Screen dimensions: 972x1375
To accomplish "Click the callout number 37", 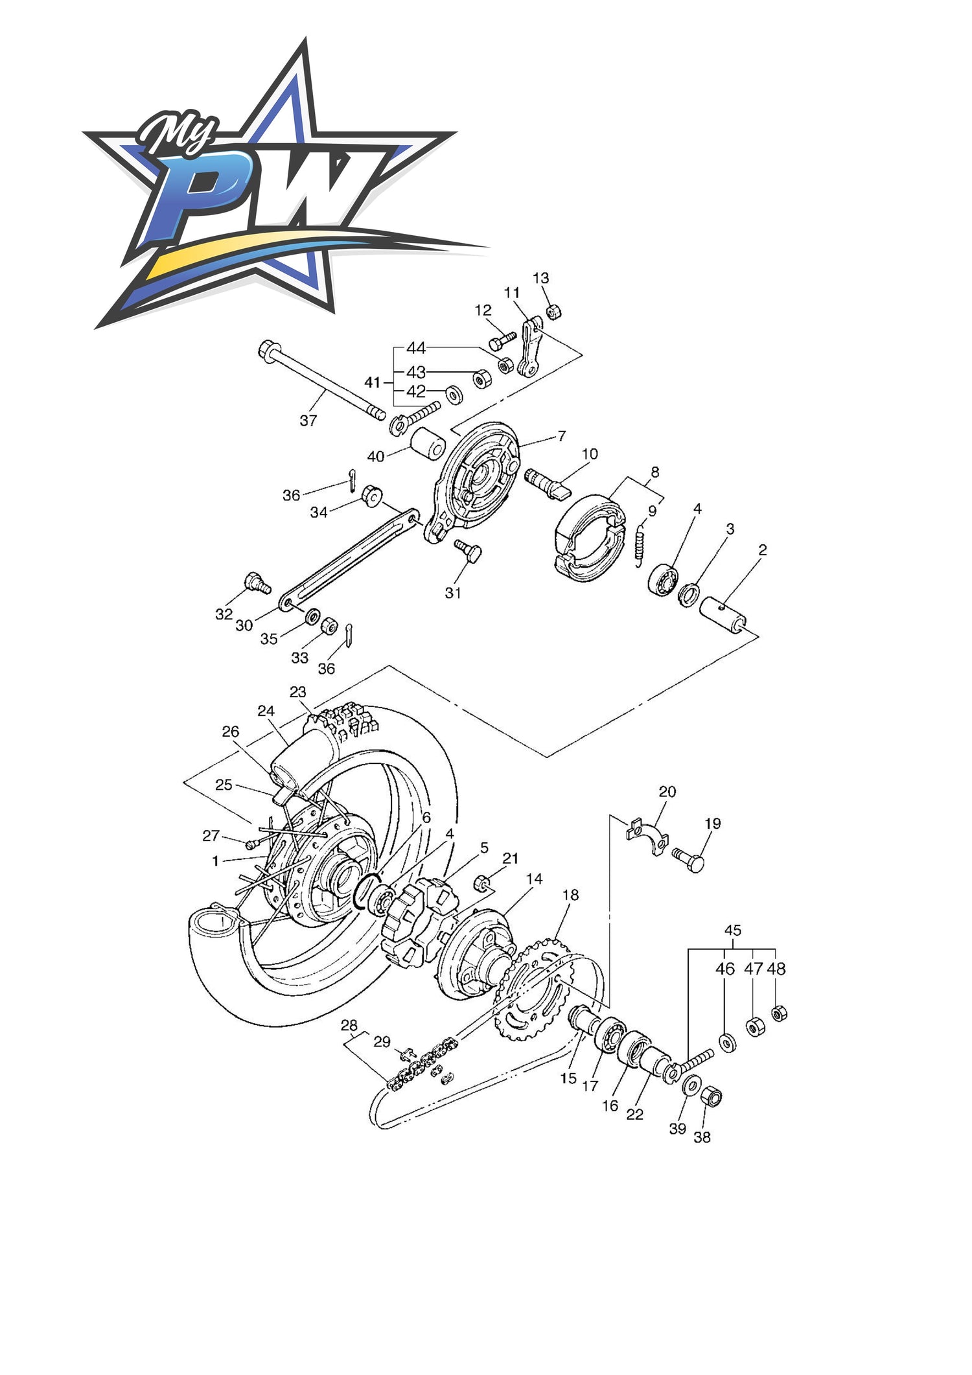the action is click(x=308, y=421).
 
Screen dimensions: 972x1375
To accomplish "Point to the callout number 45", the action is click(x=732, y=930).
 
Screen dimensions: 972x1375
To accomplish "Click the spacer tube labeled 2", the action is click(x=723, y=615).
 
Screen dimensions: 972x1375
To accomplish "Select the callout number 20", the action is click(x=667, y=792).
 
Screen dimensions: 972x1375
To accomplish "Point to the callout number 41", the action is click(x=372, y=383).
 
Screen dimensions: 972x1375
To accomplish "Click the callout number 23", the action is click(x=297, y=692).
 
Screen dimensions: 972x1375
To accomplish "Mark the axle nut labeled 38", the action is click(x=712, y=1096).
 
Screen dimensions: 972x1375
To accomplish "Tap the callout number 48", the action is click(x=776, y=969).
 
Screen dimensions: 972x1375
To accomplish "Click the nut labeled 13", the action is click(x=554, y=312).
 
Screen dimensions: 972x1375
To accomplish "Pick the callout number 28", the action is click(x=349, y=1026).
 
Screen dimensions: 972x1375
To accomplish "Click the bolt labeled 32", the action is click(x=257, y=583).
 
